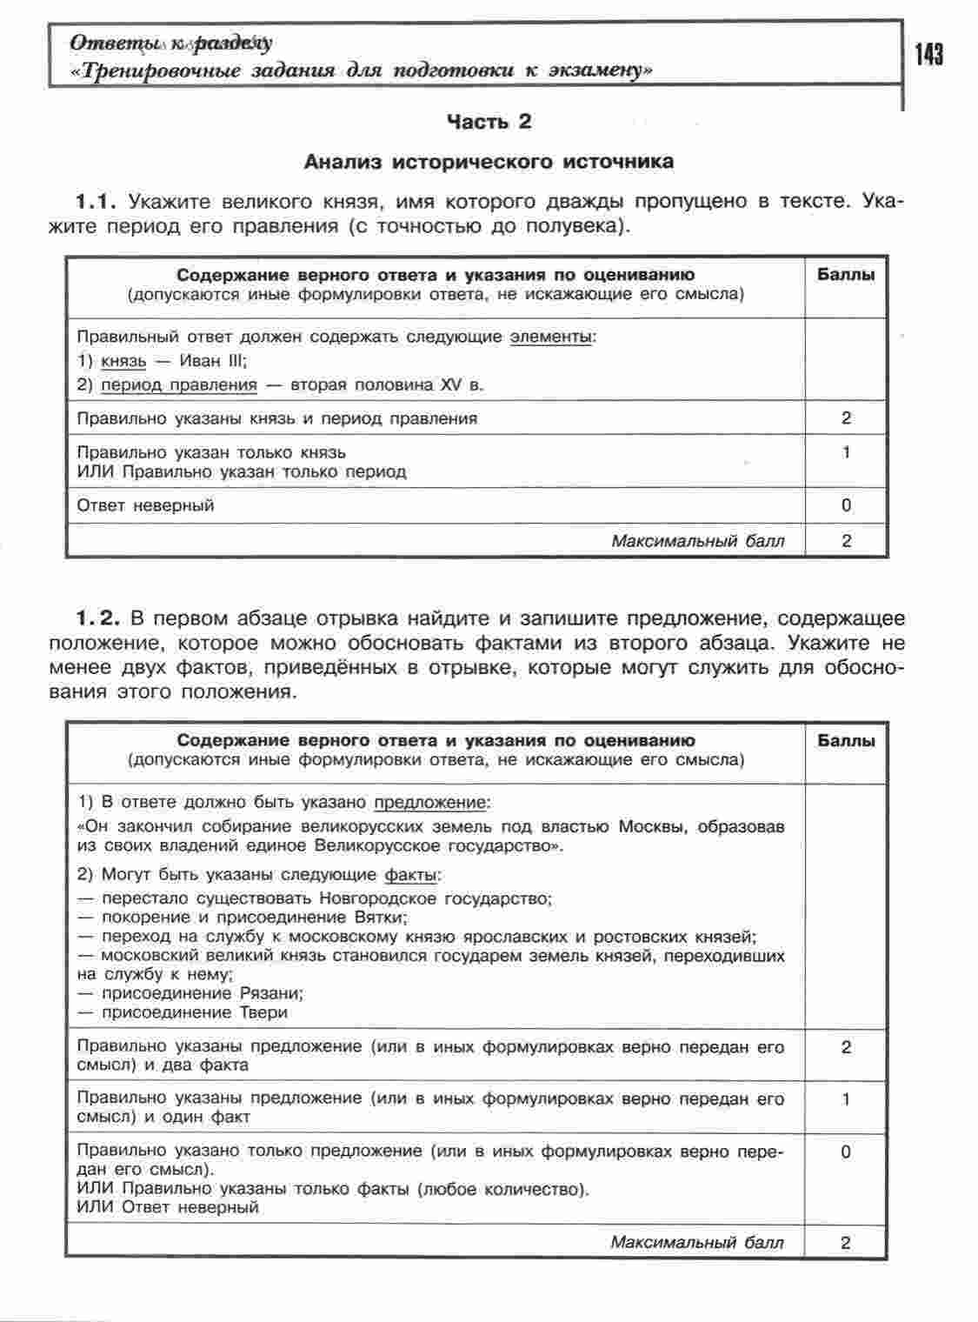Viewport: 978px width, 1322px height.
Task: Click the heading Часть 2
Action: (x=489, y=122)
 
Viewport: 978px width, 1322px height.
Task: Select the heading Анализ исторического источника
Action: (x=489, y=162)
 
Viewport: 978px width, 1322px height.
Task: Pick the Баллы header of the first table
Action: (x=846, y=275)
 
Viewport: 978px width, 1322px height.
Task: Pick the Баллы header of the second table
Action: (x=846, y=741)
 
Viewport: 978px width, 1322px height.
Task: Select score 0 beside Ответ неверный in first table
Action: (x=846, y=505)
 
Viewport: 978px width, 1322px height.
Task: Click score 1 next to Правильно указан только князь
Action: (x=846, y=452)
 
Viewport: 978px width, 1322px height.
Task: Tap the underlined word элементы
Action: (x=551, y=337)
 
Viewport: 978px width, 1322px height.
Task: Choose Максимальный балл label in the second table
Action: (x=696, y=1242)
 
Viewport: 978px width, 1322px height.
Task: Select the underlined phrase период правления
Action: (x=179, y=385)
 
